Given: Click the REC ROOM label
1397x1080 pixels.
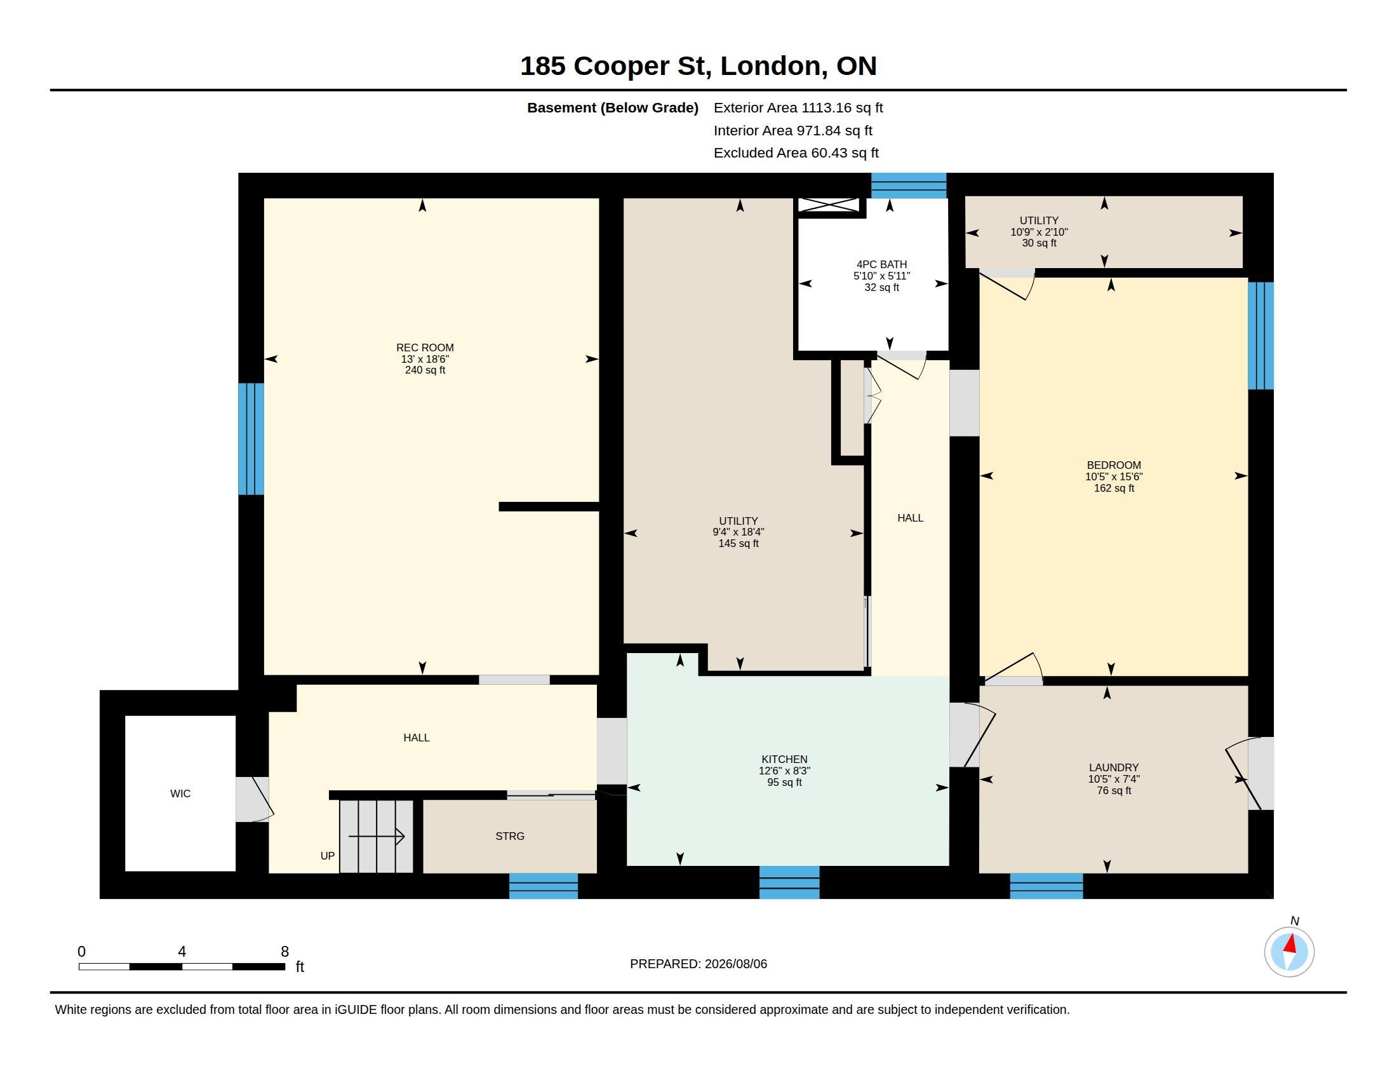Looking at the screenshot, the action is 425,348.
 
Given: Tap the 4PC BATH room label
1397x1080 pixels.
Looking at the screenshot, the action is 881,264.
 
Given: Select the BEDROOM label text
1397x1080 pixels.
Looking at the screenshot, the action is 1114,465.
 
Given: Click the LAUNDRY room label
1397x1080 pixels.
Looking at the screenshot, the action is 1114,767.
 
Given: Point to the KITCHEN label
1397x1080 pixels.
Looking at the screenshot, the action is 784,759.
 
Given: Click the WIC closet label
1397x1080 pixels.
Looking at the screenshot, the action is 180,793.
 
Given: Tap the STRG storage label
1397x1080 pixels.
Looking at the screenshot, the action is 510,835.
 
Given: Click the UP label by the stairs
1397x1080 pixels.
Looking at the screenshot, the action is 328,856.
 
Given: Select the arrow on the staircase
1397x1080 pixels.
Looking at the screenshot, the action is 376,835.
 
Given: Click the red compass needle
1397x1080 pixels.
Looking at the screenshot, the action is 1291,943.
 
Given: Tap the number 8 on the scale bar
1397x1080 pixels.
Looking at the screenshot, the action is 284,952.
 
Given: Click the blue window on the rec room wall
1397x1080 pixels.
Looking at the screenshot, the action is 251,439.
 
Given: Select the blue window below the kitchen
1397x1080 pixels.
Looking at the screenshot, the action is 789,882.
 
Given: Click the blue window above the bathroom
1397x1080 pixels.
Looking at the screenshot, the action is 908,186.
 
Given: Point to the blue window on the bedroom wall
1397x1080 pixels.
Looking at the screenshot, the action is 1260,336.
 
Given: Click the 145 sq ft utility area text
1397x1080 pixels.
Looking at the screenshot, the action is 738,543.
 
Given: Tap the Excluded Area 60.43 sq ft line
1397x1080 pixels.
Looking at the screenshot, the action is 796,153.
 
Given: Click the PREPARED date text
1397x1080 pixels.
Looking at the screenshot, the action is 698,964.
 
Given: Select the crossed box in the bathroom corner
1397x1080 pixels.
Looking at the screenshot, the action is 829,205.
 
